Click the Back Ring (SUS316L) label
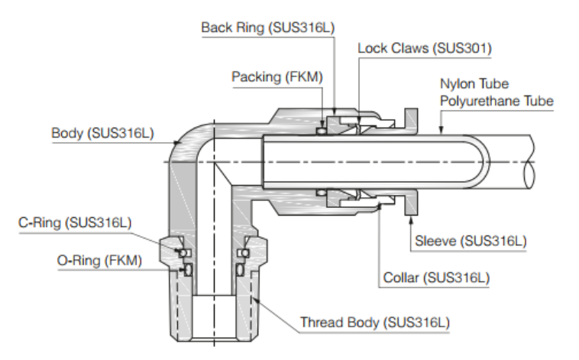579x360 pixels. tap(267, 28)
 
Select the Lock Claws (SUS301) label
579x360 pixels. tap(425, 49)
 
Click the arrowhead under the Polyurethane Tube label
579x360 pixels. tap(442, 132)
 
